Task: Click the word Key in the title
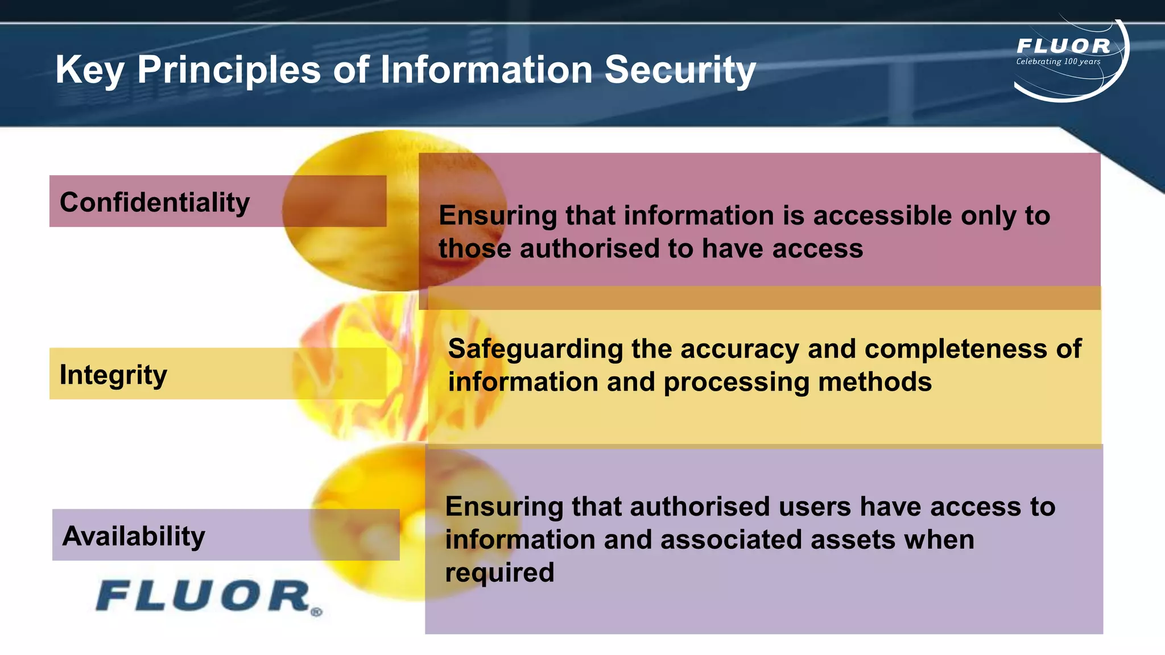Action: coord(90,71)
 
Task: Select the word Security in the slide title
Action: coord(680,71)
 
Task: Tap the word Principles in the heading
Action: coord(229,71)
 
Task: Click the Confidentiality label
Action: coord(155,202)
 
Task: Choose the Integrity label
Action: coord(113,375)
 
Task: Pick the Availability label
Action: coord(134,536)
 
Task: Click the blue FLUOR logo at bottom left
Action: coord(203,596)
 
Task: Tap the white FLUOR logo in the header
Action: coord(1063,46)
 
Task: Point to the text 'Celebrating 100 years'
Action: coord(1058,61)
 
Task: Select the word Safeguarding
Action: coord(535,349)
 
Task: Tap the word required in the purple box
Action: coord(499,573)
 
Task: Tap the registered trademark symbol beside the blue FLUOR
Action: coord(317,612)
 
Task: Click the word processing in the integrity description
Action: coord(736,382)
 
